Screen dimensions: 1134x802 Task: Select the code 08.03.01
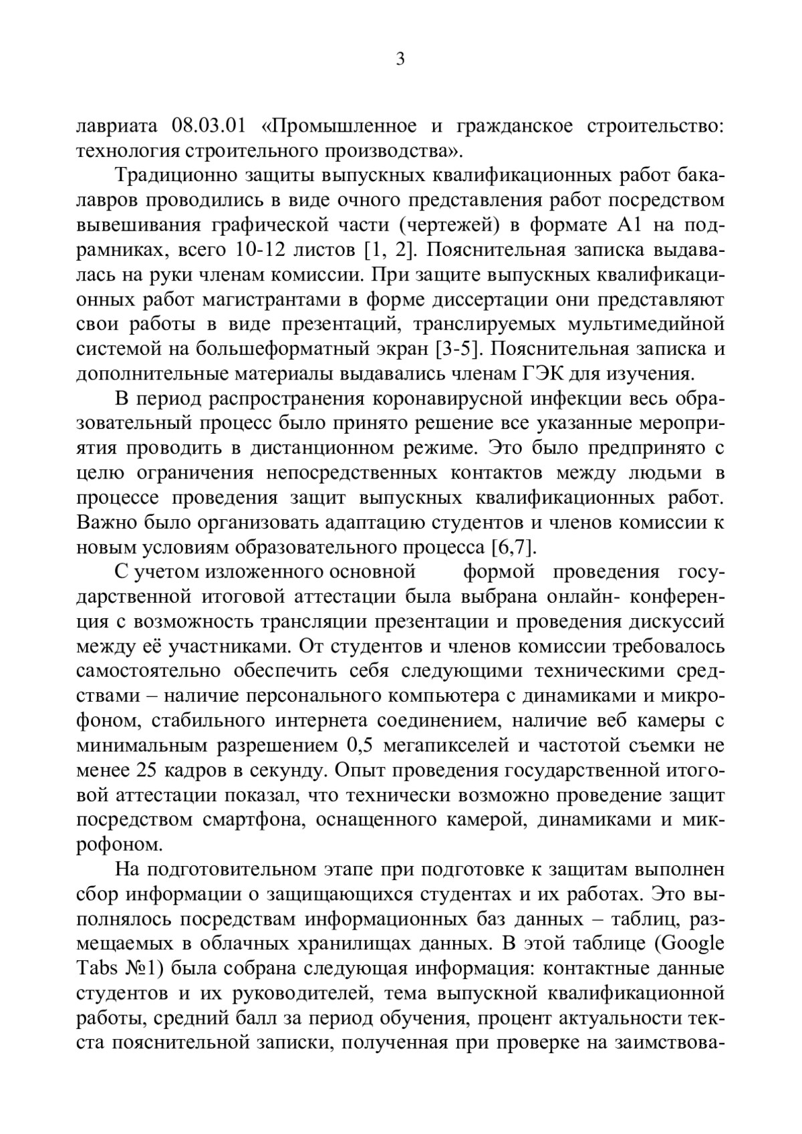point(210,126)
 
